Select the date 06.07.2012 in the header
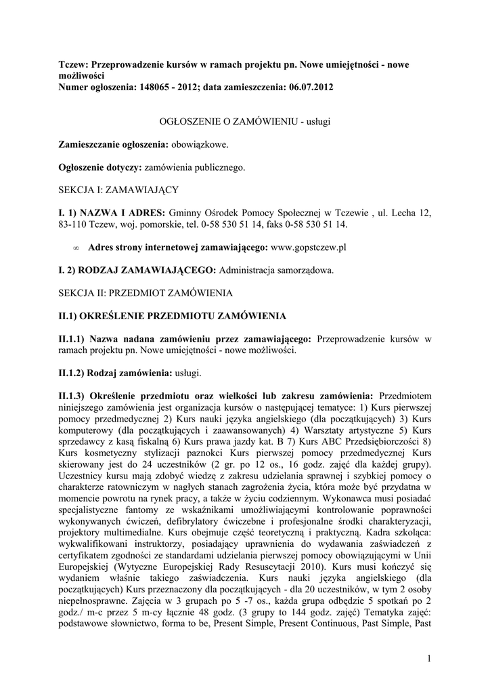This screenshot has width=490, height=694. [x=309, y=87]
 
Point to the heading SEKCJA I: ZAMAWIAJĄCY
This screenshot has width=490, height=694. [x=118, y=190]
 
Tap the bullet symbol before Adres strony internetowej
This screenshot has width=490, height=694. [x=76, y=248]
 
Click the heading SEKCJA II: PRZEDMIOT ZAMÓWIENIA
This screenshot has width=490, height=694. [x=146, y=293]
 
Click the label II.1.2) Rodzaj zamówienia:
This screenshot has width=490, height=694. [x=115, y=373]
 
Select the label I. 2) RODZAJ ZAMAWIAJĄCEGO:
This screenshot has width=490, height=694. [x=137, y=270]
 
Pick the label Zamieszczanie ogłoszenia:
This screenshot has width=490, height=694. [x=113, y=144]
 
